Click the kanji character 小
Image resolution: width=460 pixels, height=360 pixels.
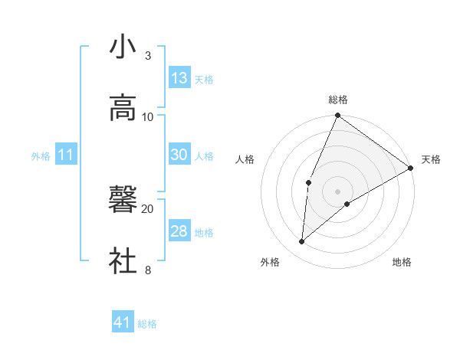[x=123, y=47]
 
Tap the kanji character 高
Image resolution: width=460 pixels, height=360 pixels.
[x=123, y=108]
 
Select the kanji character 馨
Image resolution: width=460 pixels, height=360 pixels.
[x=123, y=200]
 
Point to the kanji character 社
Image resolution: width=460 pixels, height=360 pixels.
[x=123, y=261]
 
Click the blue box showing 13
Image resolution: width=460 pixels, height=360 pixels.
[x=179, y=78]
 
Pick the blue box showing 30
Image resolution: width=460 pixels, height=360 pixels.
[x=179, y=155]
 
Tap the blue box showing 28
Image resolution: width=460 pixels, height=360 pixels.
[x=179, y=231]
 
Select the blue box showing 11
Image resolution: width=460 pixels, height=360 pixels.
[x=66, y=155]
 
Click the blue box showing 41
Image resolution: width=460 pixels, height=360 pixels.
[x=123, y=323]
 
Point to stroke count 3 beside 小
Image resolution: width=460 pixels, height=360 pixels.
[x=147, y=55]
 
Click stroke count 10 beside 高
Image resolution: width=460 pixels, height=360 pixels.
[x=148, y=116]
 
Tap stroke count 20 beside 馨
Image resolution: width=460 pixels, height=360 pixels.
[x=148, y=208]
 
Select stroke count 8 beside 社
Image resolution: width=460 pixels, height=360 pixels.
[x=147, y=270]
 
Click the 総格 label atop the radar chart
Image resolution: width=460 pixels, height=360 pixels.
[x=338, y=100]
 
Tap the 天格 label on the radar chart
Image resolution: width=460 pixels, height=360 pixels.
[x=431, y=159]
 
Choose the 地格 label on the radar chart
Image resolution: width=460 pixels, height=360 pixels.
[x=402, y=262]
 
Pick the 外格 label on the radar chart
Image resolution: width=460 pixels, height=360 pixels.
[x=270, y=262]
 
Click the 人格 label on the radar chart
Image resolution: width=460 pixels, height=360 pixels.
[x=245, y=159]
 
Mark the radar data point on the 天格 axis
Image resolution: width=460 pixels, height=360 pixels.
[x=411, y=168]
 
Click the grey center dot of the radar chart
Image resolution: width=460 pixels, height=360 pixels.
[x=338, y=191]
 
